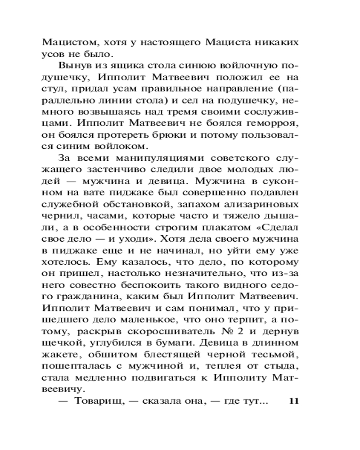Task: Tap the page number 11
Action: click(x=292, y=400)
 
